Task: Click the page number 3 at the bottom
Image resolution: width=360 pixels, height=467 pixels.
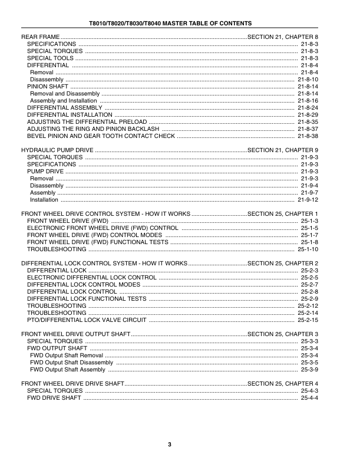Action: point(169,444)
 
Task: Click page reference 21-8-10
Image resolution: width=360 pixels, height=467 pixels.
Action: point(308,79)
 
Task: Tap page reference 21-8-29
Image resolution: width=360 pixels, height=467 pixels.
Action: point(308,115)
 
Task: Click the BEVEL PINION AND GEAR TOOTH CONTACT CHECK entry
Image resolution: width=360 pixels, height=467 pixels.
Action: point(101,136)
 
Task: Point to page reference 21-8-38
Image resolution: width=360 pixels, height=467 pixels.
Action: point(308,136)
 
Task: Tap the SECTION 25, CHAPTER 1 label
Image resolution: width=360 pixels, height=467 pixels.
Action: point(283,213)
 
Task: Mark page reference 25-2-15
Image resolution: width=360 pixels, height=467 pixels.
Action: point(308,320)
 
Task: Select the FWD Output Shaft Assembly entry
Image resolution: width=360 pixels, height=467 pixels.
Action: point(68,369)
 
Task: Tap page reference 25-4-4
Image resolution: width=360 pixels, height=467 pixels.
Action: point(309,397)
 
